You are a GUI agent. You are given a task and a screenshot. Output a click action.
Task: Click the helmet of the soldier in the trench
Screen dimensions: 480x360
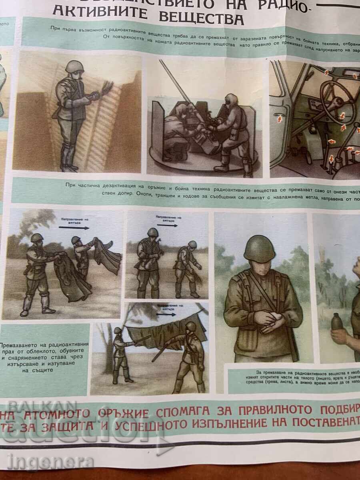[x=75, y=66]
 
